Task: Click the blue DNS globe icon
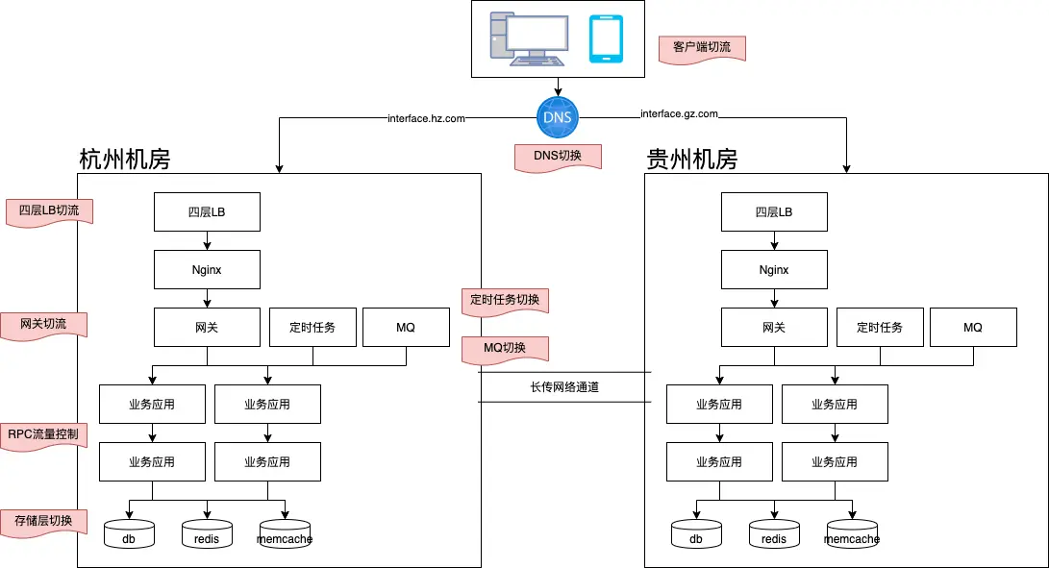pos(558,117)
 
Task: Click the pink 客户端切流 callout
pos(702,48)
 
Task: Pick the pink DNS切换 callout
pos(558,156)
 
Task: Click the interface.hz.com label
pos(426,118)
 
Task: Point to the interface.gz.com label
pos(680,114)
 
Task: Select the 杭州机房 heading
pos(124,159)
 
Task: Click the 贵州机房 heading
pos(691,159)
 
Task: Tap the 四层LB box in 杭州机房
pos(207,211)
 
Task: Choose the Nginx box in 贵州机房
pos(774,269)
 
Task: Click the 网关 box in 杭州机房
pos(207,327)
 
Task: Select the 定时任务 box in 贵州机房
pos(880,327)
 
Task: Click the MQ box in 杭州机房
pos(405,327)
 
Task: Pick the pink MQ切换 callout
pos(505,348)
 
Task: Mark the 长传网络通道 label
pos(564,387)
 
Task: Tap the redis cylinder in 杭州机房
pos(207,533)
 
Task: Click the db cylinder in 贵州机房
pos(696,533)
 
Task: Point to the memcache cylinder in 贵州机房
pos(851,533)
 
